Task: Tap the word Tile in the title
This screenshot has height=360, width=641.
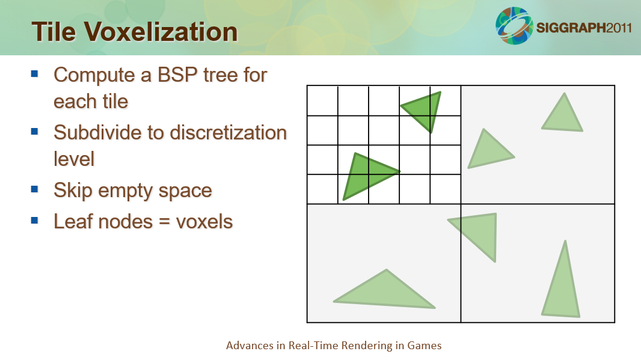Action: click(54, 32)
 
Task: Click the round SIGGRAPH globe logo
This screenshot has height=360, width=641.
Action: click(514, 25)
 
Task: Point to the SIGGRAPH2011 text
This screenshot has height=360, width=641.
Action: click(584, 28)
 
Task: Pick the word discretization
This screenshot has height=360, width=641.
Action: click(228, 133)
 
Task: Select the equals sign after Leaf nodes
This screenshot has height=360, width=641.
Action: click(164, 222)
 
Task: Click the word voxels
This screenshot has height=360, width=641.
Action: click(204, 222)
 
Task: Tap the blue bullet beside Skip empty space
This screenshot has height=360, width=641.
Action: click(34, 189)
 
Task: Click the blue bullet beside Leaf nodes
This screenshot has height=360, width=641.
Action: click(34, 221)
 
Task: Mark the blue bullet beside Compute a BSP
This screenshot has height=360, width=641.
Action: click(34, 74)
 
